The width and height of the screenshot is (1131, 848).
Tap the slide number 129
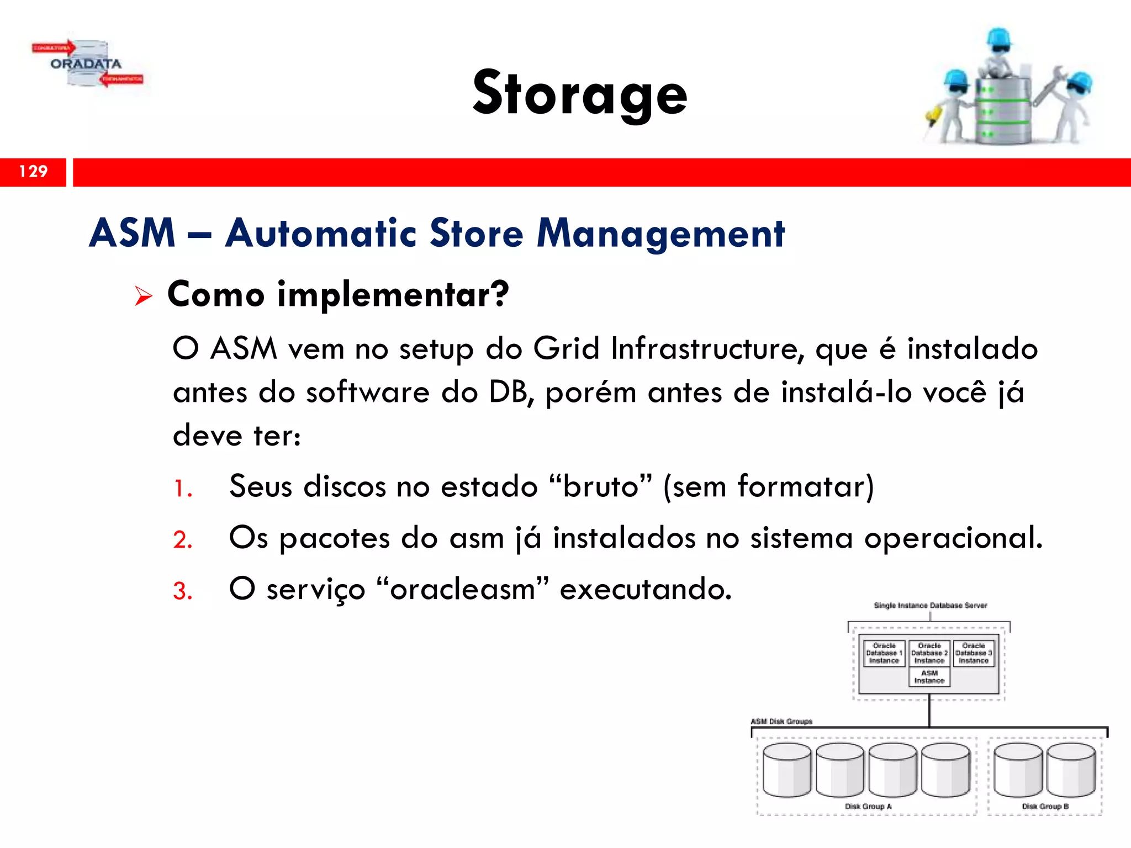point(33,171)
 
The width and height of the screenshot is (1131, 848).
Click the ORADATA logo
point(87,64)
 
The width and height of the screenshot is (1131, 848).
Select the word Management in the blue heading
point(660,234)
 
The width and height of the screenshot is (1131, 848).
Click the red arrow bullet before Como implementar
point(143,296)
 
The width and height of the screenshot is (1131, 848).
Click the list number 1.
point(182,489)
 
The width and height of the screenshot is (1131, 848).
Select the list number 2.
point(182,540)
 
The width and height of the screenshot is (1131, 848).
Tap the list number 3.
point(182,591)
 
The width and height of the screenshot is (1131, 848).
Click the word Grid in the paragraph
point(566,349)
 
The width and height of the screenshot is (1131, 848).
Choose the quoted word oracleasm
point(463,589)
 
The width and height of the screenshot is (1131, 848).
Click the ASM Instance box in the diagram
point(929,677)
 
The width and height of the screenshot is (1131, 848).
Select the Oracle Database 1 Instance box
point(884,653)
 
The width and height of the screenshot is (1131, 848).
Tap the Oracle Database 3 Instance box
point(974,653)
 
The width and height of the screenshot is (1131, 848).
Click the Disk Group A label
point(868,807)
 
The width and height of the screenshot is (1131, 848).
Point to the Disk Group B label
point(1045,807)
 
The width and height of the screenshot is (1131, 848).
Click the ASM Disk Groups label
point(781,722)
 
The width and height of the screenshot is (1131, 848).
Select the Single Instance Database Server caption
point(930,606)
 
